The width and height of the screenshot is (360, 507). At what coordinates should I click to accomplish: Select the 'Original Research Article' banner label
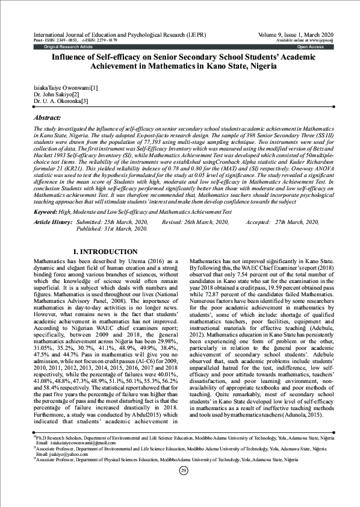click(x=67, y=46)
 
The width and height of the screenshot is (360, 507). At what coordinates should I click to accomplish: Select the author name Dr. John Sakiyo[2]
click(x=56, y=95)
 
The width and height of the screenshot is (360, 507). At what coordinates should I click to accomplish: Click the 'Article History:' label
click(x=53, y=222)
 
